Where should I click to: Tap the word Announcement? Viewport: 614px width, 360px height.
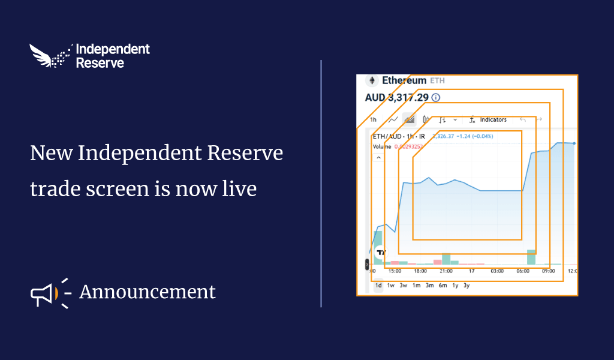click(x=147, y=292)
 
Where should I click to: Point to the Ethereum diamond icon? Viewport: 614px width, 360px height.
click(x=372, y=80)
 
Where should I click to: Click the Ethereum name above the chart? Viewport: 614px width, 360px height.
click(x=404, y=80)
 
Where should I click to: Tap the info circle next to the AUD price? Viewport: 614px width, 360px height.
click(x=436, y=97)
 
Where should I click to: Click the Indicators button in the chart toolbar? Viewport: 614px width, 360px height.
click(x=493, y=120)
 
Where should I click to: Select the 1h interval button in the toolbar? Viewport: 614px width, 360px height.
click(x=373, y=120)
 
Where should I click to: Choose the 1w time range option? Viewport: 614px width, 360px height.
click(x=391, y=286)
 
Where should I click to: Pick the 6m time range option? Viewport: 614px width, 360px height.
click(x=443, y=286)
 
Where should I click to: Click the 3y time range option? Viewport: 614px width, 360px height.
click(x=466, y=286)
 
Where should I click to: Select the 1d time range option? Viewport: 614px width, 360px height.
click(x=378, y=286)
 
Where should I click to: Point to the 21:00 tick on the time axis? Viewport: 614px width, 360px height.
click(x=446, y=271)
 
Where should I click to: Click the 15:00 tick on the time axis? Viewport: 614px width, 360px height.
click(x=395, y=271)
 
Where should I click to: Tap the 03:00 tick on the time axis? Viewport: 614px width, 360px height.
click(x=497, y=271)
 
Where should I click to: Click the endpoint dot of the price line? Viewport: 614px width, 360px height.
click(x=574, y=143)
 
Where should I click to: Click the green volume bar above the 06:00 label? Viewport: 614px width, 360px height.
click(x=531, y=257)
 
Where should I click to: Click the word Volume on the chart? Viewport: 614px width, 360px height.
click(x=381, y=146)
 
